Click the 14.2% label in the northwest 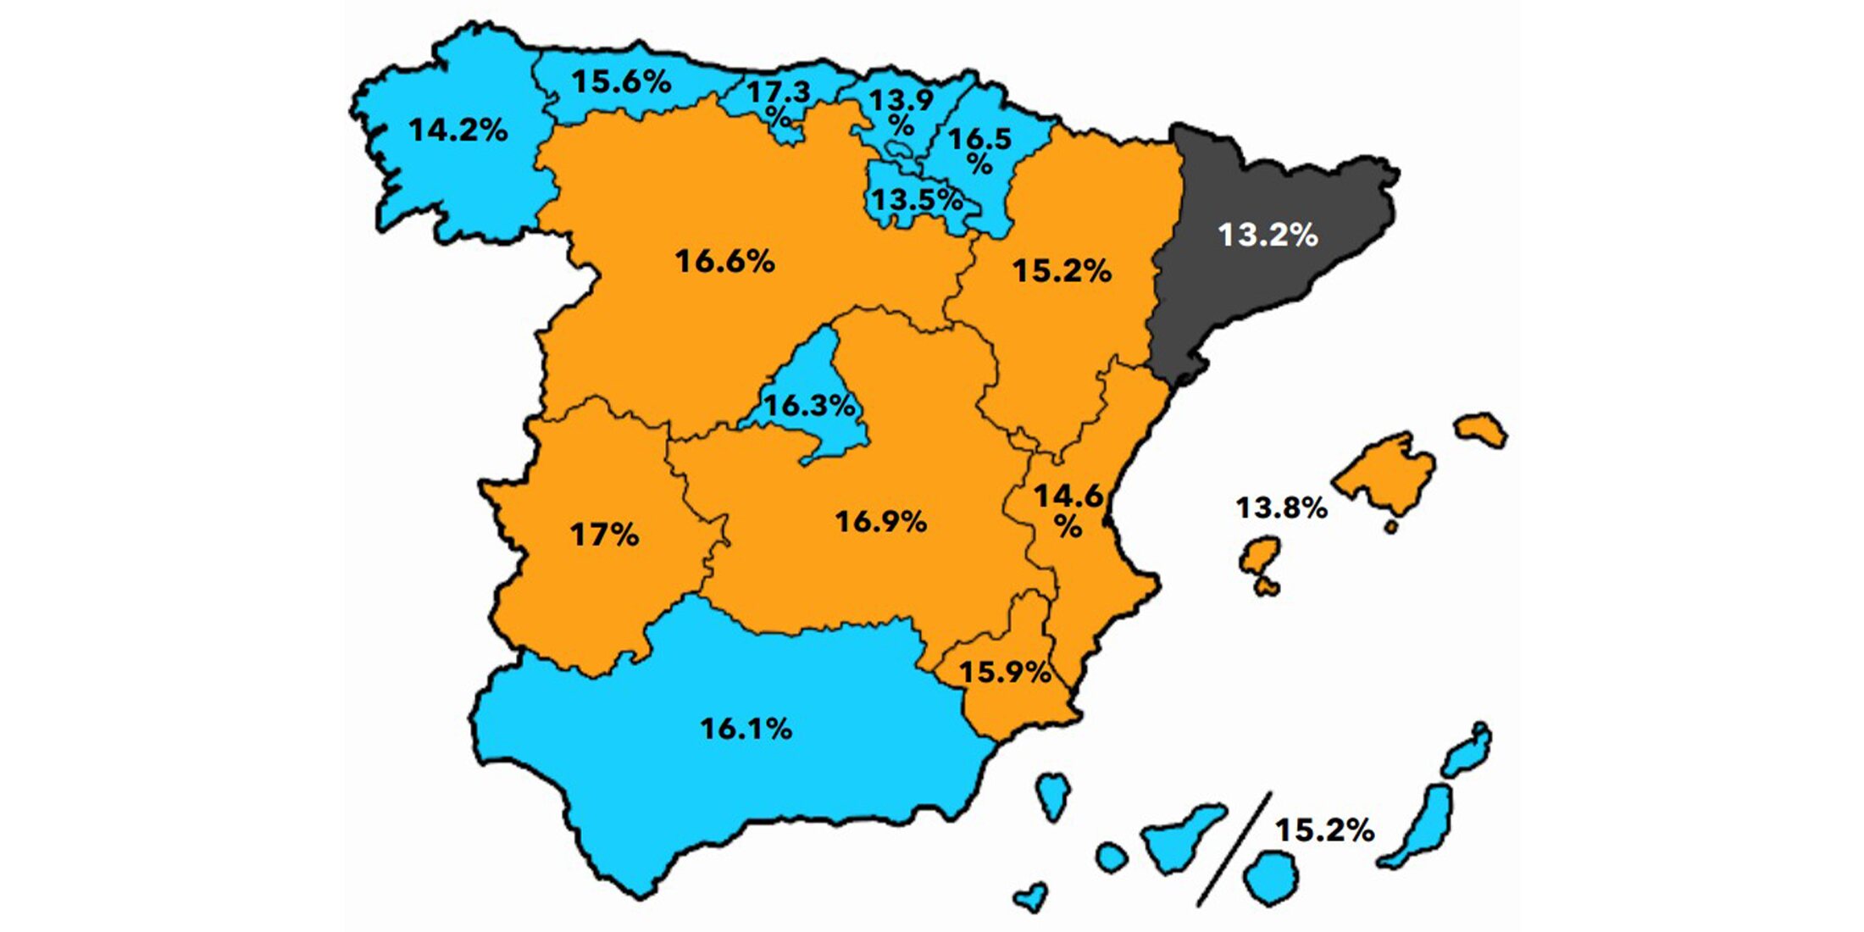tap(458, 130)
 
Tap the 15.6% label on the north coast tap(621, 82)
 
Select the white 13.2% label tap(1268, 235)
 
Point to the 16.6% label tap(724, 261)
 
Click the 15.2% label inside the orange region tap(1062, 271)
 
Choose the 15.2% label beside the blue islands tap(1324, 830)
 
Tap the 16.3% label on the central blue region tap(809, 405)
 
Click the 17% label tap(604, 535)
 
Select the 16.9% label tap(881, 521)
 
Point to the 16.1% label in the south tap(746, 729)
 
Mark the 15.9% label tap(1005, 673)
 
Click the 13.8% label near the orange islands tap(1281, 508)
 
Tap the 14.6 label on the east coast tap(1068, 496)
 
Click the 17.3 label tap(778, 92)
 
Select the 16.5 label tap(979, 139)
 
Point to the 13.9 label tap(901, 101)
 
